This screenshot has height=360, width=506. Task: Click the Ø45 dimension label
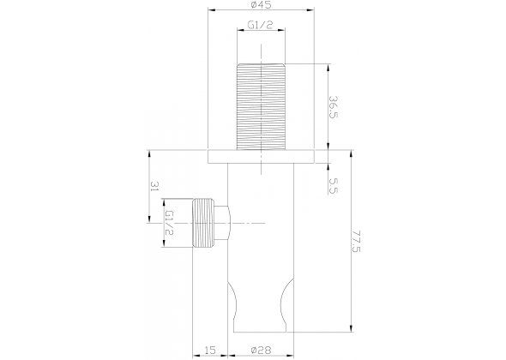coord(261,4)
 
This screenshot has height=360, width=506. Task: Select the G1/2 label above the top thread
coord(261,25)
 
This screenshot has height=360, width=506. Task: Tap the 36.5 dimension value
coord(334,107)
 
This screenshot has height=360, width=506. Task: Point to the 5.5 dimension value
coord(334,186)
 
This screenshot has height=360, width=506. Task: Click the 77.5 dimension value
coord(356,242)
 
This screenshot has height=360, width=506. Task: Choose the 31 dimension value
coord(155,186)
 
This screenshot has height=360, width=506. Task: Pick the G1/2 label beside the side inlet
coord(170,223)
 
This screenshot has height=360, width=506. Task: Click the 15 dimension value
coord(210,350)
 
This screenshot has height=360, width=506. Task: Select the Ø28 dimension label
coord(261,350)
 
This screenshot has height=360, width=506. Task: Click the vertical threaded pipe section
coord(261,107)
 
